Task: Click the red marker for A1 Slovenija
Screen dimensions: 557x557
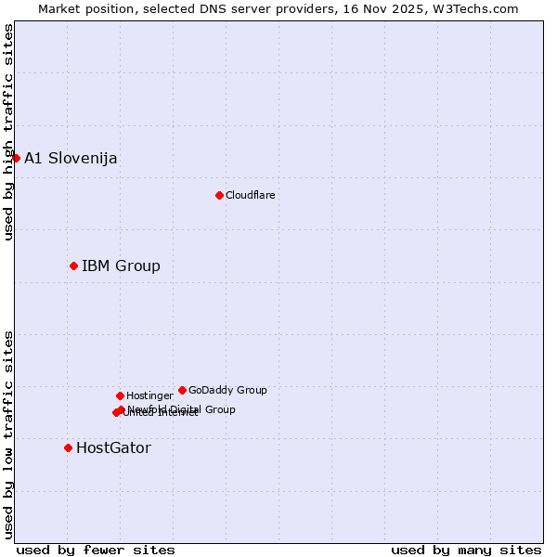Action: (16, 158)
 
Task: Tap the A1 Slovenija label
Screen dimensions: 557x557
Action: (71, 158)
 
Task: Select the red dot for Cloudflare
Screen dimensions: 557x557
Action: (219, 195)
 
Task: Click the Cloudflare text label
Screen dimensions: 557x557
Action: (251, 195)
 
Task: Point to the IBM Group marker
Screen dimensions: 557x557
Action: (73, 266)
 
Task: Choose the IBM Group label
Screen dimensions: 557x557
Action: (121, 266)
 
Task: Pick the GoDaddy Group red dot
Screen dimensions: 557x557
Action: (182, 390)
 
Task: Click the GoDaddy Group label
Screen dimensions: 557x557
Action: (227, 390)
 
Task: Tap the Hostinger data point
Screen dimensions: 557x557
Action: (120, 395)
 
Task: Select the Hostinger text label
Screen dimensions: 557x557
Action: (149, 395)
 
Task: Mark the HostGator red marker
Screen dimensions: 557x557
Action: (68, 447)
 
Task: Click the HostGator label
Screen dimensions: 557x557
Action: (113, 448)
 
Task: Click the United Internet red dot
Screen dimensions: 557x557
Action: (116, 412)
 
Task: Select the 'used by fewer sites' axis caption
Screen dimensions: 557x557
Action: (96, 550)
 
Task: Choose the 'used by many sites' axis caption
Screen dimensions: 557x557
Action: (466, 550)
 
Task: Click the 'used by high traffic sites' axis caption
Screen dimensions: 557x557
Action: (8, 132)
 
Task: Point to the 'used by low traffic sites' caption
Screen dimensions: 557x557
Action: (8, 434)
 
